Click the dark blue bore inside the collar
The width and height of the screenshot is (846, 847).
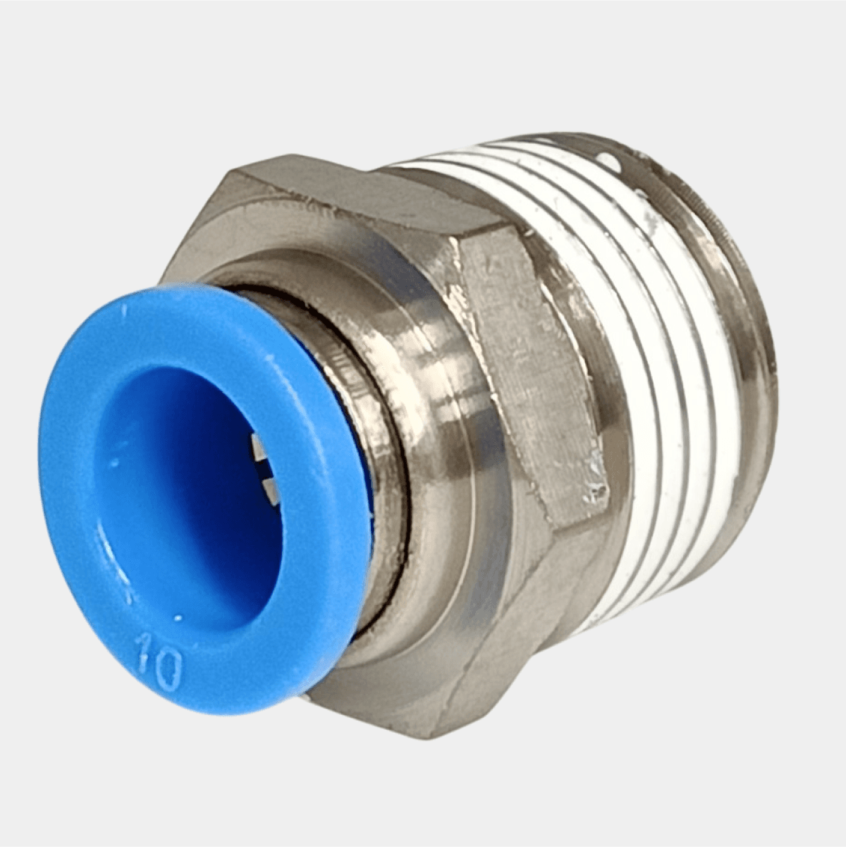(x=189, y=484)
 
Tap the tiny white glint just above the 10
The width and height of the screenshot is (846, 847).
(x=178, y=618)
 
